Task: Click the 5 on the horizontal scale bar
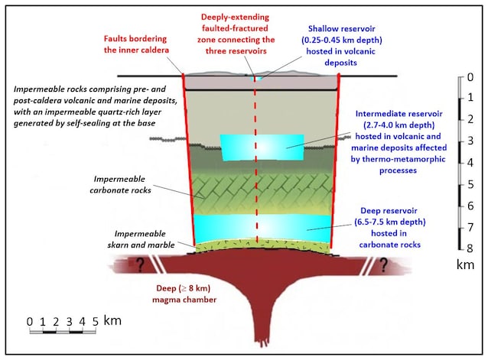94,320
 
